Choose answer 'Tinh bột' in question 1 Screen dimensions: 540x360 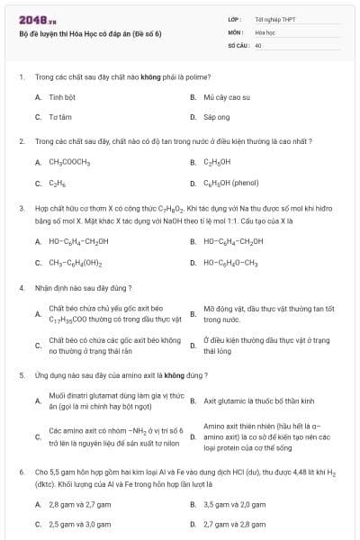(62, 96)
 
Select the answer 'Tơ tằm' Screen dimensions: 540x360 (60, 117)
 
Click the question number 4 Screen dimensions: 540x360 (21, 288)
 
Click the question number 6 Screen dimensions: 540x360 (21, 471)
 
